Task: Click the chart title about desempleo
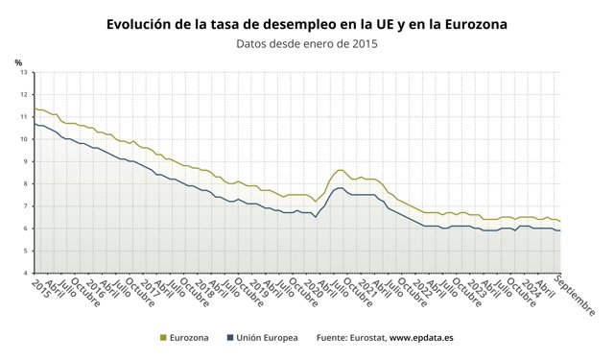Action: pyautogui.click(x=307, y=24)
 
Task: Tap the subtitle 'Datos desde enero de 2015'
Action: pyautogui.click(x=307, y=43)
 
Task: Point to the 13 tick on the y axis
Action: pyautogui.click(x=24, y=73)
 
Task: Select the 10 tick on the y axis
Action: pyautogui.click(x=24, y=139)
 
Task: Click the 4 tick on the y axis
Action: pyautogui.click(x=26, y=274)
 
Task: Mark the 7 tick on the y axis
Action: pyautogui.click(x=26, y=206)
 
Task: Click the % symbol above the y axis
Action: pyautogui.click(x=18, y=62)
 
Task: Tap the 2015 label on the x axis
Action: pyautogui.click(x=40, y=289)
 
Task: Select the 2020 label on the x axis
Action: pyautogui.click(x=314, y=289)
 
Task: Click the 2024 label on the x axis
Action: pyautogui.click(x=531, y=289)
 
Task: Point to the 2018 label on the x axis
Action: pyautogui.click(x=204, y=289)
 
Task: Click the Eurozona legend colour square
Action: pyautogui.click(x=163, y=338)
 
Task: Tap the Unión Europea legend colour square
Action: pyautogui.click(x=230, y=338)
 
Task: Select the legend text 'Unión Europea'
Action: pyautogui.click(x=267, y=338)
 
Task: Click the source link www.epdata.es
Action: pyautogui.click(x=421, y=338)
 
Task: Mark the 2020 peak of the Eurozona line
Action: pyautogui.click(x=340, y=170)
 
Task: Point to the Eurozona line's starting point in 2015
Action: pyautogui.click(x=35, y=108)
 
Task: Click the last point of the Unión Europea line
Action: pyautogui.click(x=560, y=230)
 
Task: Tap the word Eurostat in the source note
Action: pyautogui.click(x=367, y=338)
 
